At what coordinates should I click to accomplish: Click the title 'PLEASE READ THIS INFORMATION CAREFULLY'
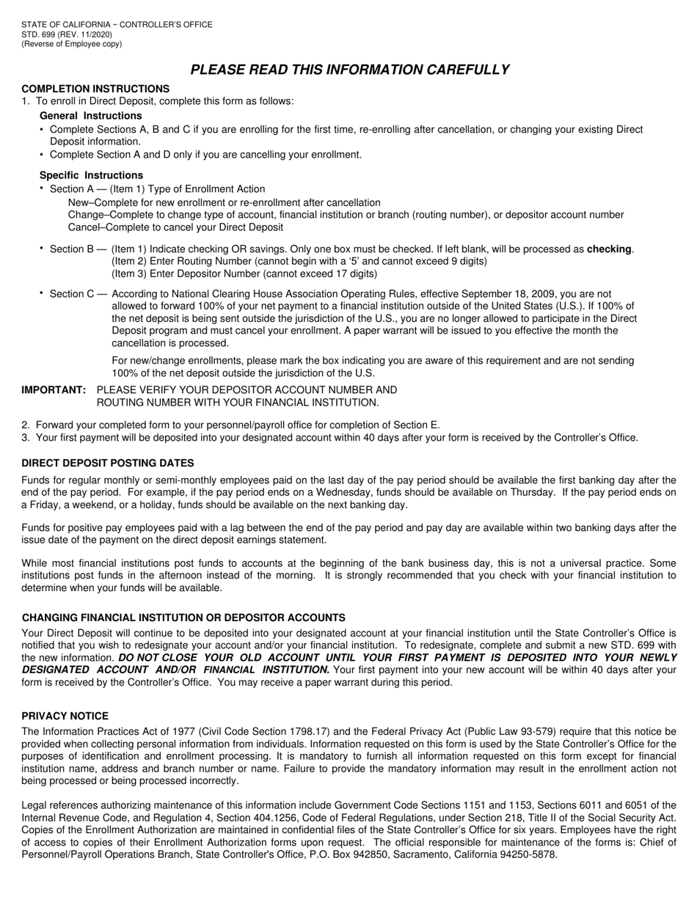[349, 70]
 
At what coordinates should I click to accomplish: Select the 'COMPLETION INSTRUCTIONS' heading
[95, 89]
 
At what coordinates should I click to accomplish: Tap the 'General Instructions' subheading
[91, 116]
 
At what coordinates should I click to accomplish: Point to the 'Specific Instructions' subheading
[92, 175]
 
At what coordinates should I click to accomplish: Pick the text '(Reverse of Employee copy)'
[72, 43]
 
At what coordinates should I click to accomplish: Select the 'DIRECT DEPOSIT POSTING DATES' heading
[108, 463]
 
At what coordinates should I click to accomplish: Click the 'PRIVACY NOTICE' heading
[65, 716]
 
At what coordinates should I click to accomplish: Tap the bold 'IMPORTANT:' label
[54, 390]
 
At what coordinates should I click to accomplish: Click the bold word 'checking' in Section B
[609, 249]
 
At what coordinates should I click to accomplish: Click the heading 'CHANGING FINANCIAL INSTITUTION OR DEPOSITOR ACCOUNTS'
[183, 617]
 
